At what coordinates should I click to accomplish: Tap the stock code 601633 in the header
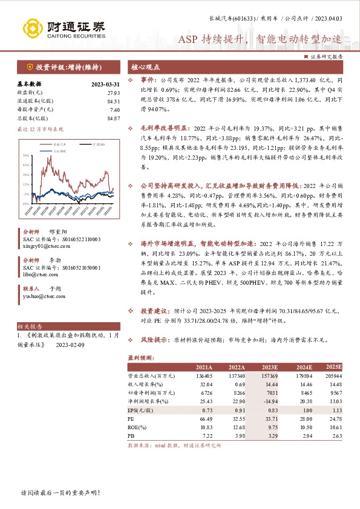[x=236, y=19]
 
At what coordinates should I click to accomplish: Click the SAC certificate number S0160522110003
[x=76, y=239]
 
